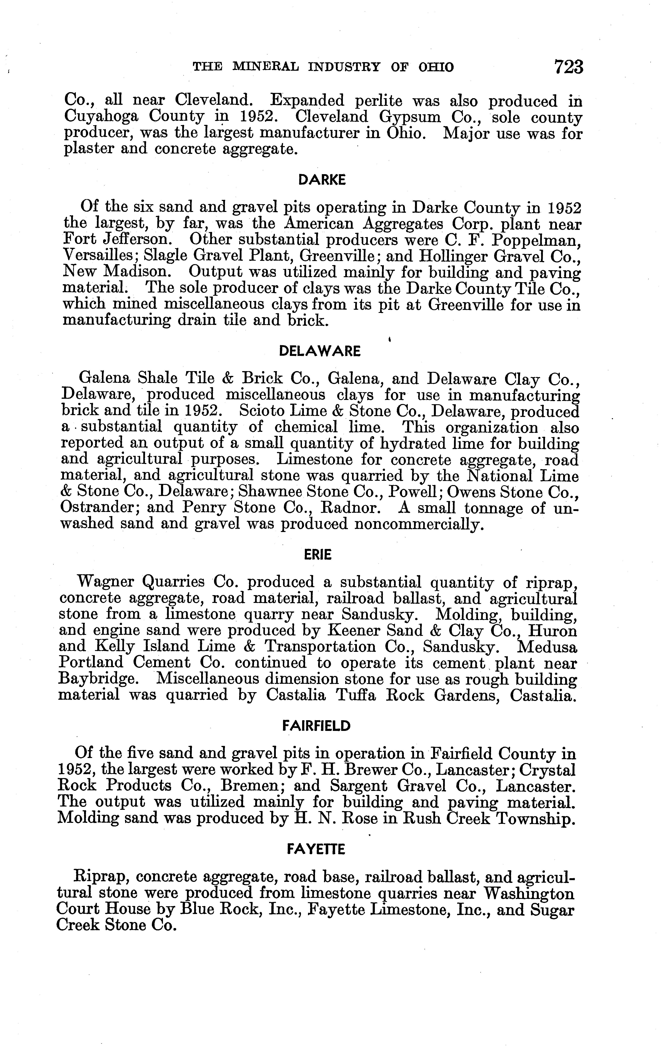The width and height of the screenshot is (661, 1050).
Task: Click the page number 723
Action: coord(568,67)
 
